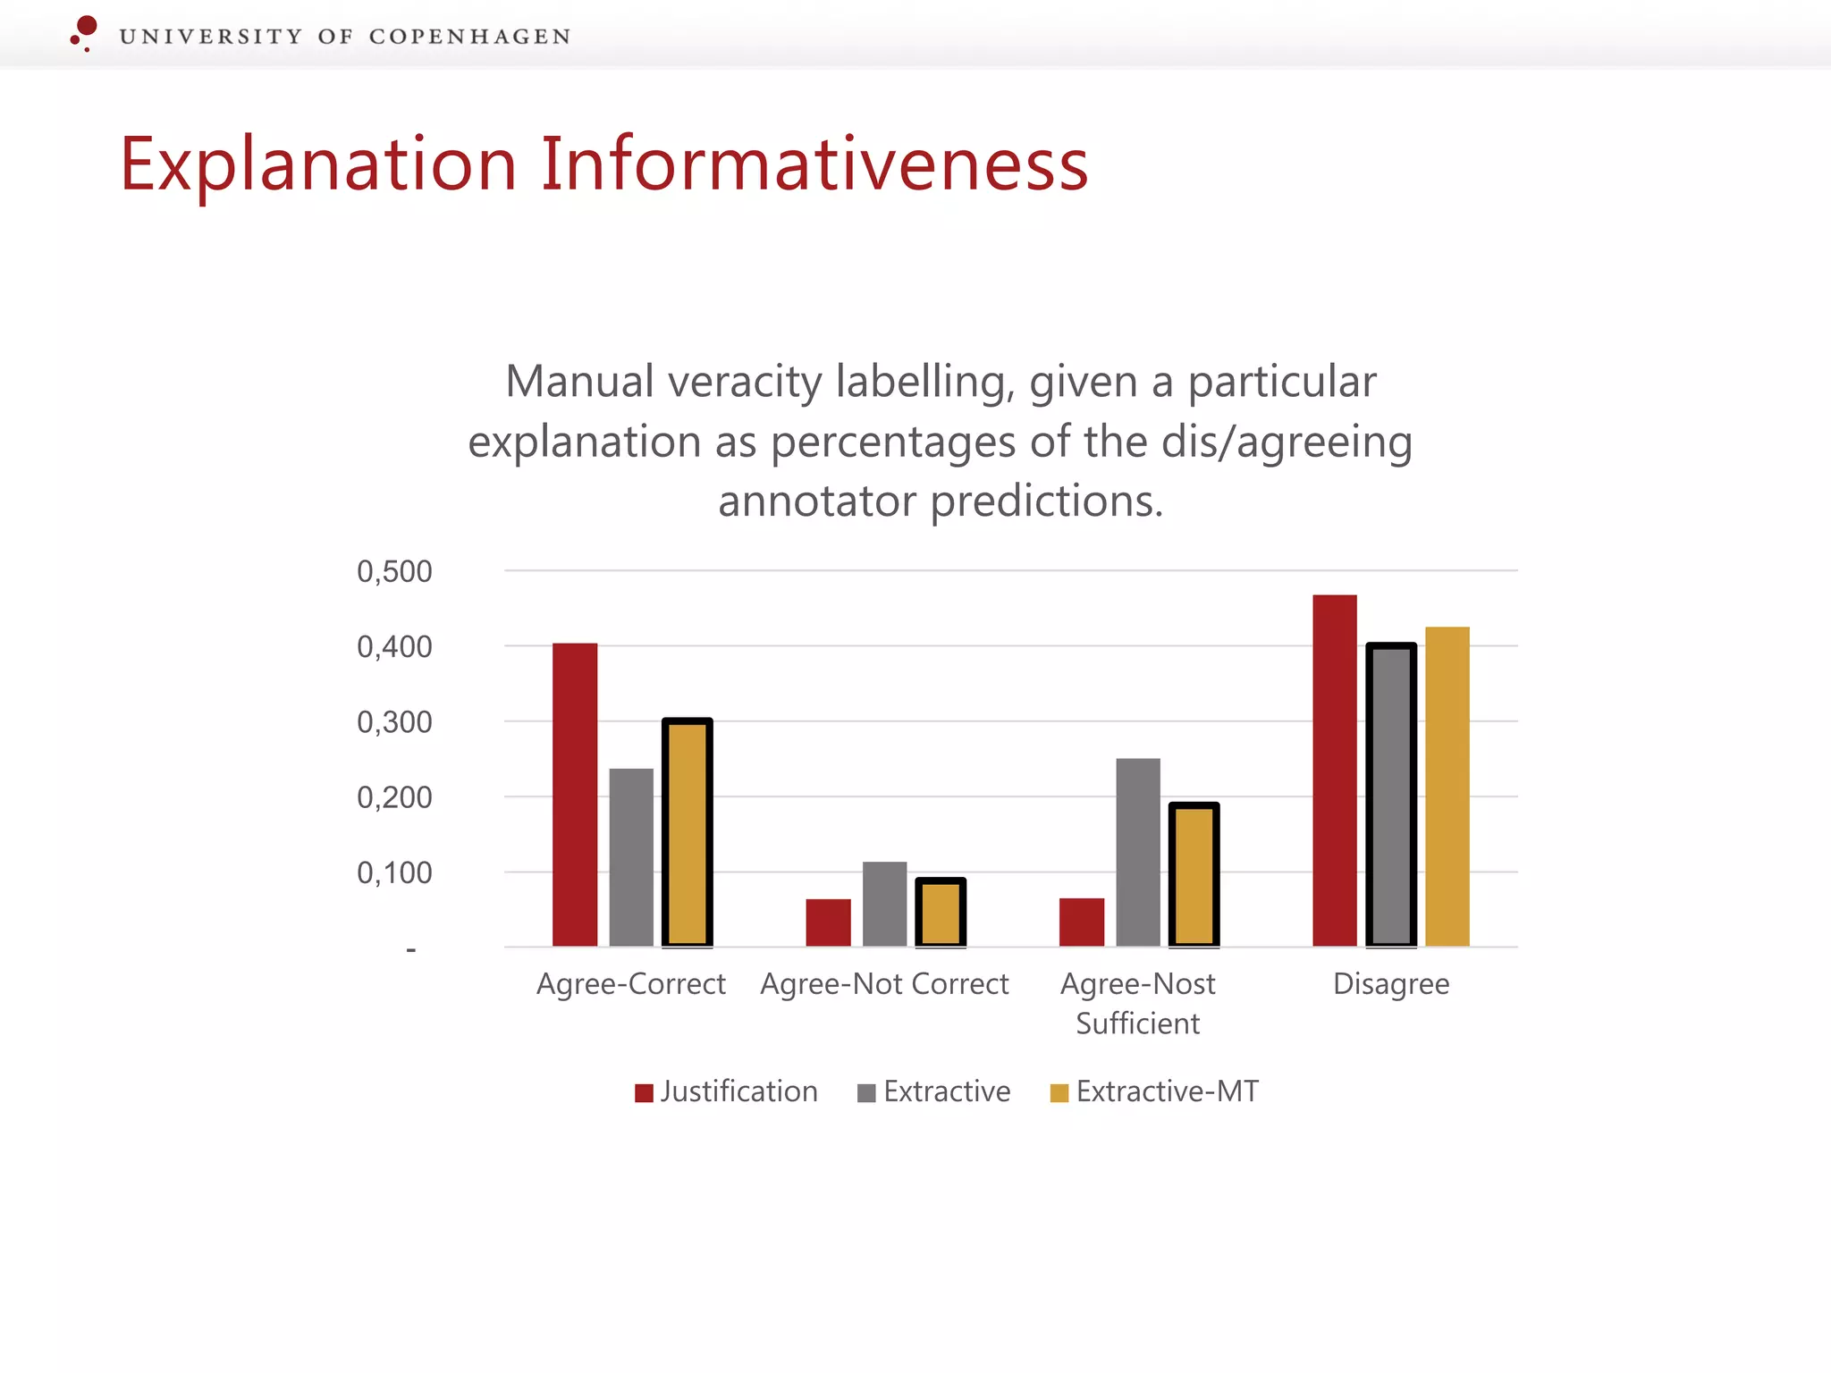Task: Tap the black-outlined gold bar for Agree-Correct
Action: pos(688,832)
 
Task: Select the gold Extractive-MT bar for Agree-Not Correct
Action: pos(941,912)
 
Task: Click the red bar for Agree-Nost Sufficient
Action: pos(1082,922)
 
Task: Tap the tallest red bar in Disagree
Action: pos(1335,771)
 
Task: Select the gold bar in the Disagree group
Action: pos(1447,787)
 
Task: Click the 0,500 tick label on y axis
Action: pos(394,571)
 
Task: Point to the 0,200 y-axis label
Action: pos(394,797)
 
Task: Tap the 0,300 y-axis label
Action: pos(394,722)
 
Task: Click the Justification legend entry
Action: pos(726,1091)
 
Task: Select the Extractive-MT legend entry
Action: pos(1154,1091)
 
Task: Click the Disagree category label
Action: pos(1391,983)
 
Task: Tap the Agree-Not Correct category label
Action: pos(884,983)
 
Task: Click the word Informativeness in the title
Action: pos(814,164)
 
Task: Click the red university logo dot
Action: pos(87,26)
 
